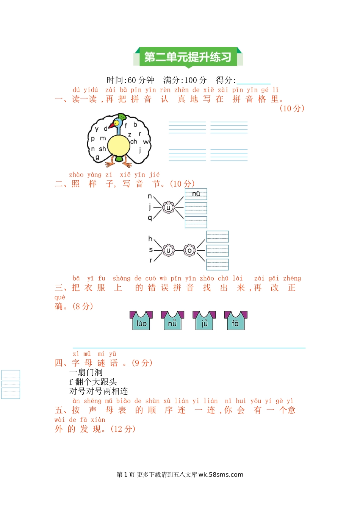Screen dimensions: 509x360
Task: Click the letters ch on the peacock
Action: [133, 142]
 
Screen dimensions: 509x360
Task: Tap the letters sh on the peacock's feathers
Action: [102, 149]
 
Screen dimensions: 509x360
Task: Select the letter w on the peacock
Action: [146, 142]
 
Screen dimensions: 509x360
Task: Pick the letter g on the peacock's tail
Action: [97, 157]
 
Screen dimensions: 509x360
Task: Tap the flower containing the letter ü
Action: [169, 207]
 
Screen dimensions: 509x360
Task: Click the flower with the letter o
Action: [189, 250]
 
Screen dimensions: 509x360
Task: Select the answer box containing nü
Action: [196, 194]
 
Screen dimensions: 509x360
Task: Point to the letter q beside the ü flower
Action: [150, 218]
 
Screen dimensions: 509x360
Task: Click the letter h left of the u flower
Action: [150, 239]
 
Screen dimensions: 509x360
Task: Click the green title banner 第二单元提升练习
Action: [188, 57]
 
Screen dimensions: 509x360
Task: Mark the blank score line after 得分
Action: [253, 81]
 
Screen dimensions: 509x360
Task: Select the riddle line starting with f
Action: [93, 382]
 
